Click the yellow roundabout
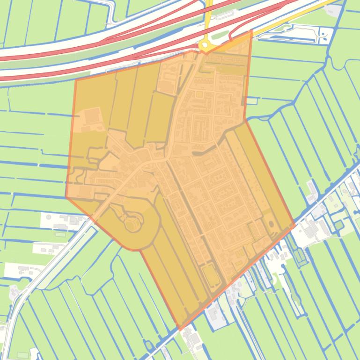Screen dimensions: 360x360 point(204,45)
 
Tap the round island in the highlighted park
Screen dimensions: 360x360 point(132,223)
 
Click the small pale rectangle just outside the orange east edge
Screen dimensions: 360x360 point(252,101)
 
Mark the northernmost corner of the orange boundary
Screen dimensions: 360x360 point(252,30)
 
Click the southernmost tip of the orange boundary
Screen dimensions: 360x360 point(180,330)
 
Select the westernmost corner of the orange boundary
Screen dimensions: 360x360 point(66,197)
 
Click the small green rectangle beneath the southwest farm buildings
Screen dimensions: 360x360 point(60,234)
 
